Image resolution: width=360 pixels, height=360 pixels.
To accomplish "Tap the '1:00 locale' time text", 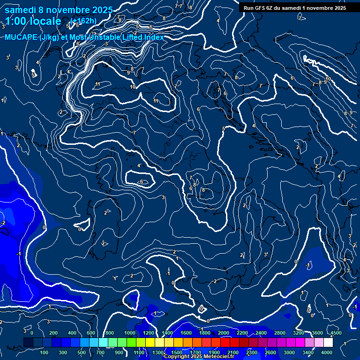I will click(33, 21).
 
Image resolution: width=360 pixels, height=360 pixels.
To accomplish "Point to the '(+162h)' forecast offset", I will click(83, 21).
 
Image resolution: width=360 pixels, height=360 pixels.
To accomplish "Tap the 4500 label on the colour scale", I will click(335, 333).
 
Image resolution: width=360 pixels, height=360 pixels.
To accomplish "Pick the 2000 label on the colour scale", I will click(224, 333).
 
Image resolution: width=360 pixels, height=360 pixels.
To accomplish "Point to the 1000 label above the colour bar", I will click(130, 333).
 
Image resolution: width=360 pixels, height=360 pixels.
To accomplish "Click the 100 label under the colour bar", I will click(45, 352).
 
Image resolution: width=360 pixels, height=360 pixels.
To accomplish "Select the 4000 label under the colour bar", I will click(327, 352).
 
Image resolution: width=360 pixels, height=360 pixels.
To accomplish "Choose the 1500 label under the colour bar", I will click(177, 352).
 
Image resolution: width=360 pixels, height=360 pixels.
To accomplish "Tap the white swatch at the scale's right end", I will click(328, 343).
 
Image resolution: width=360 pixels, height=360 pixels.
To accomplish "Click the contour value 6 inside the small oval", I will click(142, 181).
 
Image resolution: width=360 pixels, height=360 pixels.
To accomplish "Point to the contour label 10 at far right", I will click(328, 79).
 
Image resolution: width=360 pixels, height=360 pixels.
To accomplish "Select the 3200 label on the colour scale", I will click(299, 333).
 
